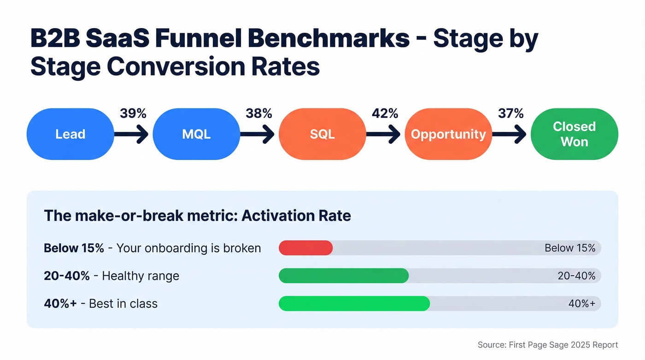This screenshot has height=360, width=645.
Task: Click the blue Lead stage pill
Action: [70, 134]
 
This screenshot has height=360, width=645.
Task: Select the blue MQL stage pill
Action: [196, 134]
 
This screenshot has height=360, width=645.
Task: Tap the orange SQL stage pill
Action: [322, 134]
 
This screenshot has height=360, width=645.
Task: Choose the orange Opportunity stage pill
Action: [448, 134]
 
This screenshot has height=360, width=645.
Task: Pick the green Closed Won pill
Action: [574, 134]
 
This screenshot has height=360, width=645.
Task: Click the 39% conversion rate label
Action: [133, 113]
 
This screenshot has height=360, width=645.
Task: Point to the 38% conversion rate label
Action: [259, 113]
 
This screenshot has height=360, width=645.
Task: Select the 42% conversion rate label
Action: [385, 113]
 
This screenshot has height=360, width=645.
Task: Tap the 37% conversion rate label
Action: [511, 113]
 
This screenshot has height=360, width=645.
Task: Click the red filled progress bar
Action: [306, 248]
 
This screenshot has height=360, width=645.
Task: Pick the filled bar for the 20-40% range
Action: [344, 276]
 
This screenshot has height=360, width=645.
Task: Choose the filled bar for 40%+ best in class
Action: [354, 303]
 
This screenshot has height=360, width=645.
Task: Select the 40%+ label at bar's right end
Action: [582, 303]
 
